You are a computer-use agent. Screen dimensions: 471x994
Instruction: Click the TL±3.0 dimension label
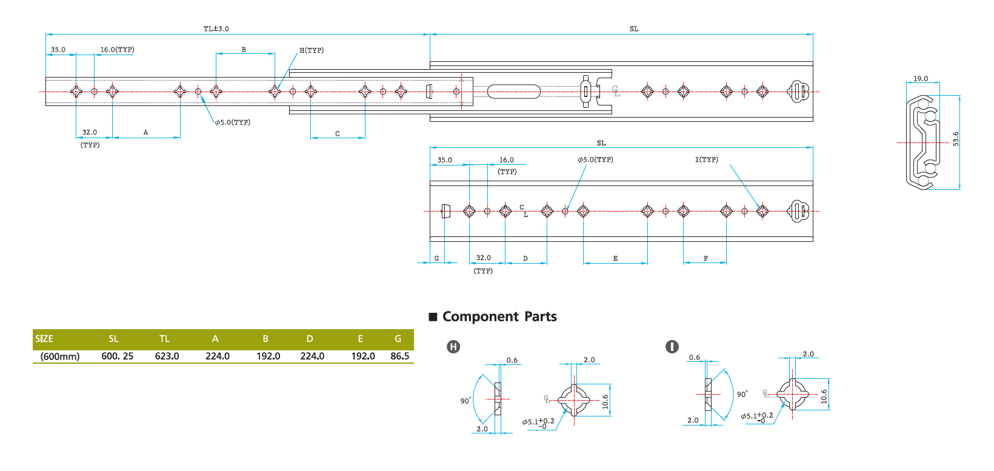tap(216, 28)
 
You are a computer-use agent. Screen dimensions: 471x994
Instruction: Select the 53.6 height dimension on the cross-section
tap(956, 139)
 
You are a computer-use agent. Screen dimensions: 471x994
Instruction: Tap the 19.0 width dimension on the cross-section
tap(920, 79)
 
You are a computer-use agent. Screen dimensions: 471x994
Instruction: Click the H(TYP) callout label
tap(312, 50)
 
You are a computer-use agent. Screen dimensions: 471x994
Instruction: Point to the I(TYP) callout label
tap(706, 159)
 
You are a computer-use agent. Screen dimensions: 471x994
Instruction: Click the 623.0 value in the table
tap(167, 356)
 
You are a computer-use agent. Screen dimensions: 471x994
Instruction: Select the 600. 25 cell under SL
tap(117, 356)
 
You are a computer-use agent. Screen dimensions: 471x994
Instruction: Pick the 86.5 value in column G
tap(399, 356)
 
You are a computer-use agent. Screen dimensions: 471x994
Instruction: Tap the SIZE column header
tap(44, 339)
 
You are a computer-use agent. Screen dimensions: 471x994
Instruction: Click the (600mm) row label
tap(60, 356)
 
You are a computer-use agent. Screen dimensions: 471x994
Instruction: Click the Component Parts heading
tap(499, 316)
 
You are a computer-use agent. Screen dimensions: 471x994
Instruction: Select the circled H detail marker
tap(453, 347)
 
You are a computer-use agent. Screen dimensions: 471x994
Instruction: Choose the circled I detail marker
tap(672, 347)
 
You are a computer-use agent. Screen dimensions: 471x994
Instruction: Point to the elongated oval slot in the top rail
tap(513, 92)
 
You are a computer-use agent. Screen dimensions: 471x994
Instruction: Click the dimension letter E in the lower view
tap(615, 259)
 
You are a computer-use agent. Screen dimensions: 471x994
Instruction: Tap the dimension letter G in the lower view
tap(436, 259)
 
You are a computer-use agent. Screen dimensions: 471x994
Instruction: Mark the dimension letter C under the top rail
tap(337, 134)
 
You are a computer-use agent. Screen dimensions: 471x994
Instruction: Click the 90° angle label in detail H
tap(465, 401)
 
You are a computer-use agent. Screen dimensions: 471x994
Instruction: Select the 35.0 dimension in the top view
tap(58, 50)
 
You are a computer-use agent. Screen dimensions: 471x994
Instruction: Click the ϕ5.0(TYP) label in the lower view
tap(595, 159)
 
